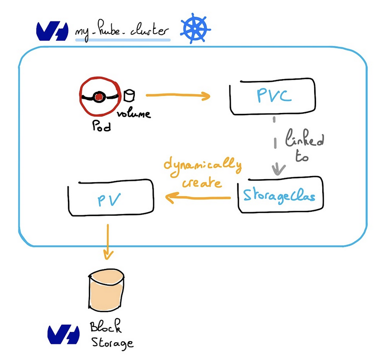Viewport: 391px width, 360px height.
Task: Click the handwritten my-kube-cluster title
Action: pyautogui.click(x=123, y=31)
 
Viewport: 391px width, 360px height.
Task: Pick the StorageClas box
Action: pyautogui.click(x=280, y=196)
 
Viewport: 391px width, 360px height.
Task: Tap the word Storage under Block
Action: pyautogui.click(x=112, y=343)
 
